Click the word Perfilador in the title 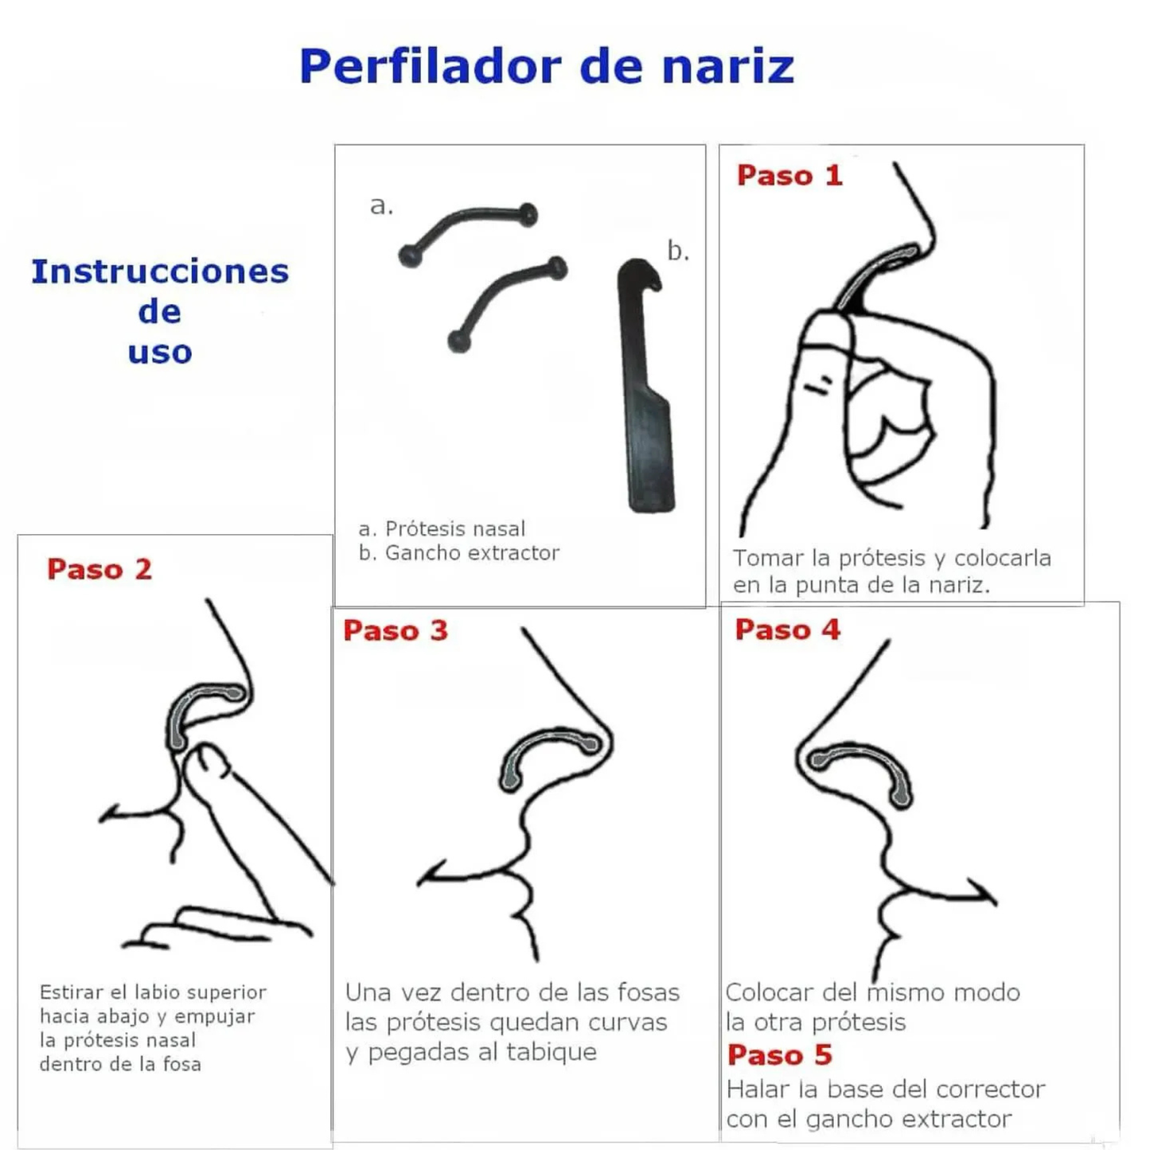click(x=431, y=67)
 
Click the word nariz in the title click(x=728, y=67)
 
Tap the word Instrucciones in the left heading click(x=160, y=271)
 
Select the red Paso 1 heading click(x=789, y=175)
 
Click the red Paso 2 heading click(x=99, y=569)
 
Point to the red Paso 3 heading click(x=395, y=631)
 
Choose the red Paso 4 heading click(x=787, y=630)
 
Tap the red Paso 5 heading click(x=779, y=1054)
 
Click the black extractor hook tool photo click(x=646, y=385)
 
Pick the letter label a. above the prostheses click(x=381, y=205)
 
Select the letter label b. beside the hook click(x=678, y=251)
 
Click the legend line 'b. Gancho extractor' click(x=459, y=553)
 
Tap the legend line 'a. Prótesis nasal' click(x=442, y=528)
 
